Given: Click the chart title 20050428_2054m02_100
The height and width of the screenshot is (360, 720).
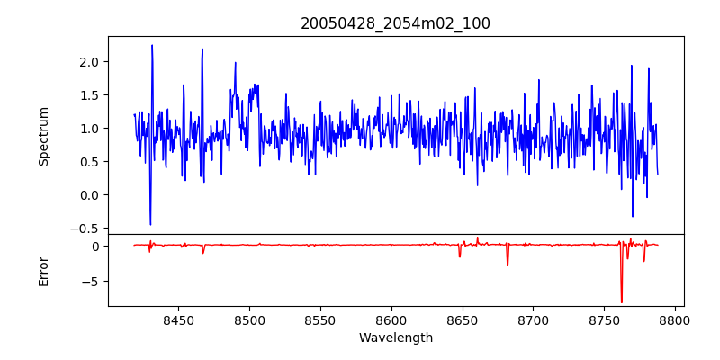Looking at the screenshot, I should click(x=395, y=23).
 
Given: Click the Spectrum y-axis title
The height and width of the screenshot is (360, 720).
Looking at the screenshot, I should click(x=43, y=136).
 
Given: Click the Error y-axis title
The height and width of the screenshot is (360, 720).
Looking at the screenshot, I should click(x=43, y=270).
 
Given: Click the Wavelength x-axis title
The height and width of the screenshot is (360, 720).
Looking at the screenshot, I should click(x=395, y=338).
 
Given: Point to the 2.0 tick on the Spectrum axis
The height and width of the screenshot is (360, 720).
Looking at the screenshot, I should click(x=89, y=61).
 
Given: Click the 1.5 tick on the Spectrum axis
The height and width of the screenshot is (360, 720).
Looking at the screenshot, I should click(x=89, y=94).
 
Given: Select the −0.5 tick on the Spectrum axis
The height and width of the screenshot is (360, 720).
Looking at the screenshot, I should click(x=85, y=228).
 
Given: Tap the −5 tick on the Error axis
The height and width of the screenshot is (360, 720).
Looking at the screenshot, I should click(x=92, y=281).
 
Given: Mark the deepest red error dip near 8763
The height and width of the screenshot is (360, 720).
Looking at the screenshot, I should click(x=621, y=301).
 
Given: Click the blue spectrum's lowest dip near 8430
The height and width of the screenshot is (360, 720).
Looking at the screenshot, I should click(x=150, y=224).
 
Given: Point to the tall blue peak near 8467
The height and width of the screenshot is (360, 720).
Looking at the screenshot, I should click(x=202, y=49).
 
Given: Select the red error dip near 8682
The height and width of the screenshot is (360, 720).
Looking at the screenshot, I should click(x=508, y=265).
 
